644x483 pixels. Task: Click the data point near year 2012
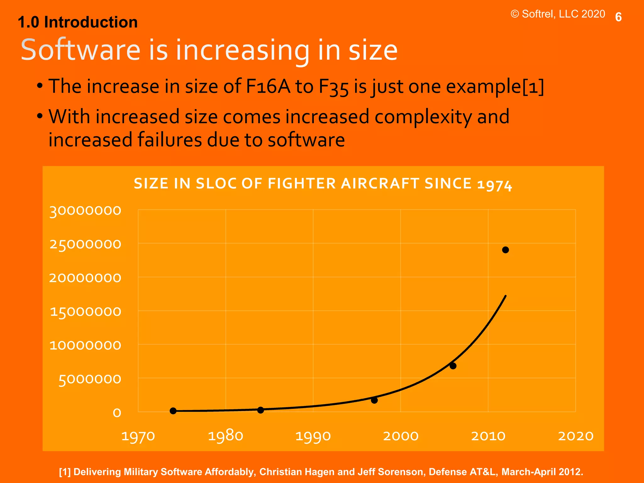tap(505, 250)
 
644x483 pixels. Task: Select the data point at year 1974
tap(173, 411)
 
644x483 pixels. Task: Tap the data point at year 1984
tap(260, 410)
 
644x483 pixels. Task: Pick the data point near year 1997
tap(374, 400)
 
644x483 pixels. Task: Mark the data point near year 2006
tap(453, 366)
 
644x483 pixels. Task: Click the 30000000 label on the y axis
tap(85, 211)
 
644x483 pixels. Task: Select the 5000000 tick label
tap(90, 380)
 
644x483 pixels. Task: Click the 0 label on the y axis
tap(117, 413)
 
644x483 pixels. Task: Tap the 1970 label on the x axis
tap(138, 436)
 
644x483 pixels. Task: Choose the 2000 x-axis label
tap(401, 436)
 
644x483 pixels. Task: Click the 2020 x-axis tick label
tap(575, 436)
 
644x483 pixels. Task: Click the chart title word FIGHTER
tap(302, 184)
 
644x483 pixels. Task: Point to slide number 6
tap(618, 17)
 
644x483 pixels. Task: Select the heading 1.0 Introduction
tap(78, 22)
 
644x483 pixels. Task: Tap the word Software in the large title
tap(80, 50)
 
